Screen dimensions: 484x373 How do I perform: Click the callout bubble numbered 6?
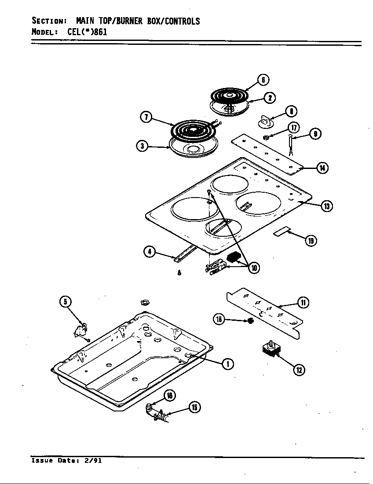coord(263,80)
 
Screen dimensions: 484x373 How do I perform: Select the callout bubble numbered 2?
coord(270,97)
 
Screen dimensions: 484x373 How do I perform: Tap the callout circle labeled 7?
coord(146,117)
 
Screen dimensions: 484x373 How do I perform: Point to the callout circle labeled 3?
coord(142,147)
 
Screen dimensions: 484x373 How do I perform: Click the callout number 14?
coord(322,168)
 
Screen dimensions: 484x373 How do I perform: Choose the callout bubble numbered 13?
coord(326,205)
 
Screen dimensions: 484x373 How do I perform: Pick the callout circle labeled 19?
coord(311,240)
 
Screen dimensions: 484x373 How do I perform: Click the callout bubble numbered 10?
coord(253,267)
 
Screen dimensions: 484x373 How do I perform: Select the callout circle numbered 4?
coord(150,252)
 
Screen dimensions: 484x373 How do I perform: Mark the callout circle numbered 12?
coord(299,370)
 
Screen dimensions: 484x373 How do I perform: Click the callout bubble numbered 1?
coord(227,363)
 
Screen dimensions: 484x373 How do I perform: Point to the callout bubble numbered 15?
coord(194,407)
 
